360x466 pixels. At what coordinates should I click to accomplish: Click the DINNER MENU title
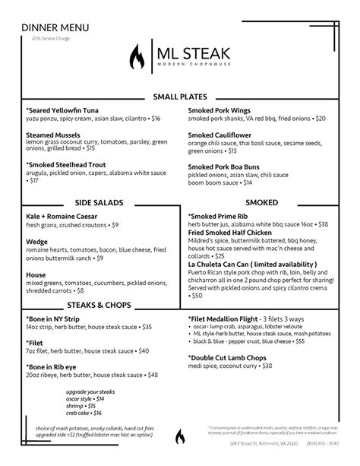55,27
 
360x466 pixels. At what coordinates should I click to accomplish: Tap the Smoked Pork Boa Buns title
229,166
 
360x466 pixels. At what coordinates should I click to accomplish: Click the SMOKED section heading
261,203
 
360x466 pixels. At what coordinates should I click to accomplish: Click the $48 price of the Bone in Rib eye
152,375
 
